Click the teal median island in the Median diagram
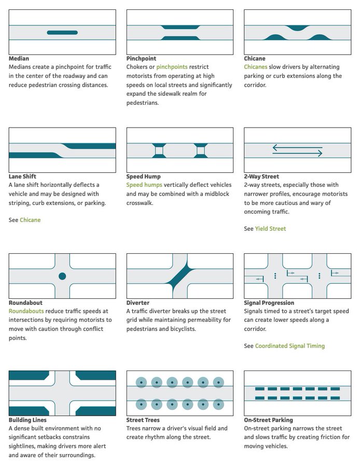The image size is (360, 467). tap(62, 33)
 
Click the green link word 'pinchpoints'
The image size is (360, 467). tap(173, 67)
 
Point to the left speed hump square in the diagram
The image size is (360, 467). tap(159, 151)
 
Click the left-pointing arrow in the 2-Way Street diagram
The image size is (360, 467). tap(297, 147)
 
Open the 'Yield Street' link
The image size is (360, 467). tap(270, 229)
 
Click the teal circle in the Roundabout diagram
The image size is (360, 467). tap(62, 276)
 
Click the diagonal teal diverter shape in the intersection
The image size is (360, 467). tap(179, 276)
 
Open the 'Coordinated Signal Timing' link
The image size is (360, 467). tap(289, 346)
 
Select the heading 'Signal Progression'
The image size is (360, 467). tap(269, 303)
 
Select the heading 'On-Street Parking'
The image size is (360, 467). tap(268, 420)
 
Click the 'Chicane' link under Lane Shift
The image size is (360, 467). tap(30, 221)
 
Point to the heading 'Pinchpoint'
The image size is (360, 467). tap(141, 59)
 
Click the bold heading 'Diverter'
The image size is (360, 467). tap(138, 303)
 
